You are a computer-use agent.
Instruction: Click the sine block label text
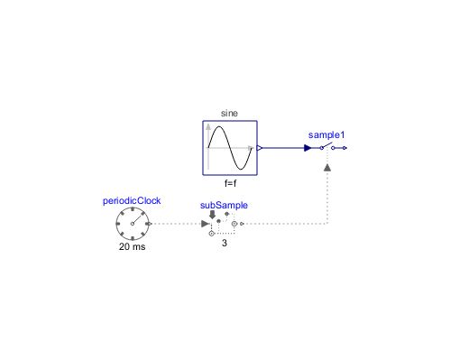coord(229,115)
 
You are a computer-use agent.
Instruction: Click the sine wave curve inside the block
coord(229,146)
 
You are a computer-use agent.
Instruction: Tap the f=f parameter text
coord(229,181)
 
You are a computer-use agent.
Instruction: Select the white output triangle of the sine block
coord(260,147)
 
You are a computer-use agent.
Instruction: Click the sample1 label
coord(326,134)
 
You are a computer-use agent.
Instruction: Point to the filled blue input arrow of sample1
coord(308,147)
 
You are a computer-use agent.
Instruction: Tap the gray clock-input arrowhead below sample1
coord(326,168)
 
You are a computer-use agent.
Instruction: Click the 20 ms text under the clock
coord(132,246)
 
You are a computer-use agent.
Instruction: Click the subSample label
coord(224,206)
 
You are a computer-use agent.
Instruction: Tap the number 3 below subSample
coord(224,242)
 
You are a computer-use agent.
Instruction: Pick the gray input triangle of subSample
coord(205,223)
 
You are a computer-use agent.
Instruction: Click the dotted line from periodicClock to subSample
coord(176,223)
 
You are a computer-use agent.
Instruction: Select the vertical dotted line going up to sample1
coord(326,198)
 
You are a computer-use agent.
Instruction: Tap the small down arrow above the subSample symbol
coord(212,214)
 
